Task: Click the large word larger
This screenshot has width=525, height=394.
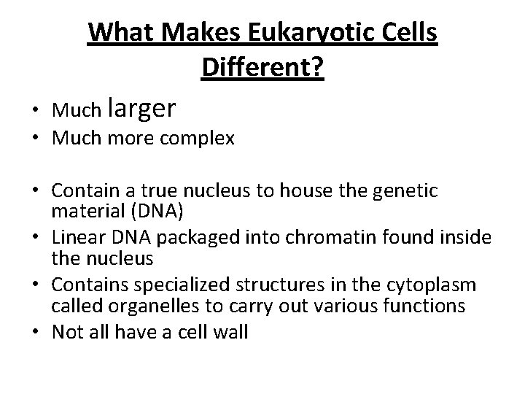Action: click(x=141, y=108)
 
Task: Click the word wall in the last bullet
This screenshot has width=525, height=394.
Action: click(x=233, y=333)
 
